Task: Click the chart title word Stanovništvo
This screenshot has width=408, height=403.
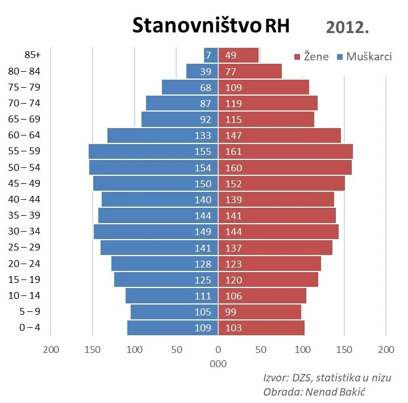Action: pos(197,26)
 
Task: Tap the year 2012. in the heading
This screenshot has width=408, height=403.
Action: pos(348,27)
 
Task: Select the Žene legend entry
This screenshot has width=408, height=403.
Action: pos(311,56)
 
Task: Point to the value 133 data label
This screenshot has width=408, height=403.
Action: pos(202,135)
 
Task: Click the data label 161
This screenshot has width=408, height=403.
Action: pos(234,151)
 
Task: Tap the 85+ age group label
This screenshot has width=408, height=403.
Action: pos(33,55)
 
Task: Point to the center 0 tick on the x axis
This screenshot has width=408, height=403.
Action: pos(218,349)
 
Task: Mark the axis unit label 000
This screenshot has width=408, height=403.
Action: pos(218,364)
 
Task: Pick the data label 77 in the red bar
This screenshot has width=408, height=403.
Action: pos(231,71)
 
